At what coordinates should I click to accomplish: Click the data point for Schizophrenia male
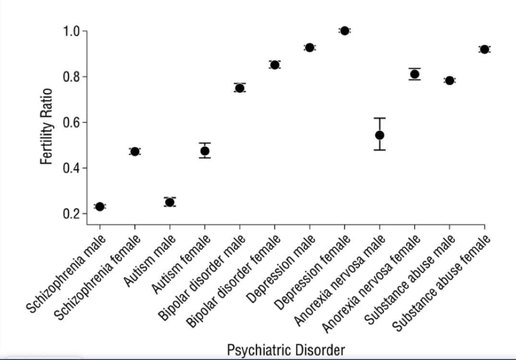(100, 207)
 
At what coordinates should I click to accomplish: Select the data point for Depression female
(344, 31)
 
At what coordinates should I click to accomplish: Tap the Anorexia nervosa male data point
(380, 135)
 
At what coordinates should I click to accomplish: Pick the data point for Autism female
(205, 151)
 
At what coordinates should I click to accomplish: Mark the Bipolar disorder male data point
(240, 88)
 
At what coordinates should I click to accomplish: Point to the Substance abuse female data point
(484, 50)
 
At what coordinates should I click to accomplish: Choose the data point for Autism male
(170, 202)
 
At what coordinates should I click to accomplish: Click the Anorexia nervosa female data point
(415, 74)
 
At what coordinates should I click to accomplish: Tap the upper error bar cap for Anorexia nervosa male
(380, 118)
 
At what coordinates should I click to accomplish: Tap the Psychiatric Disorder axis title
(285, 350)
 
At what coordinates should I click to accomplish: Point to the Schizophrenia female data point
(135, 151)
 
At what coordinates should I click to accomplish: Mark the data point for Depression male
(309, 48)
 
